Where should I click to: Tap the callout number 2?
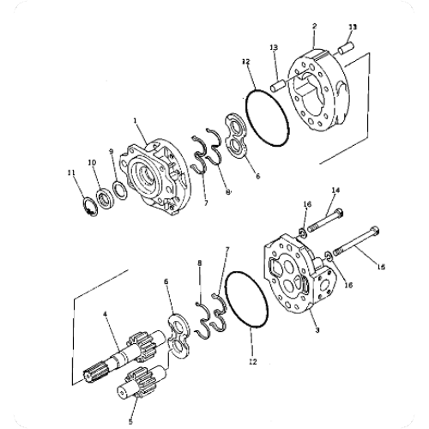[x=314, y=27]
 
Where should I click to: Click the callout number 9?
[x=111, y=152]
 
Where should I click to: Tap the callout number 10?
[x=93, y=162]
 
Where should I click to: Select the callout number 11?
[x=72, y=174]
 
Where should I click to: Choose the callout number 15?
[x=380, y=267]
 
